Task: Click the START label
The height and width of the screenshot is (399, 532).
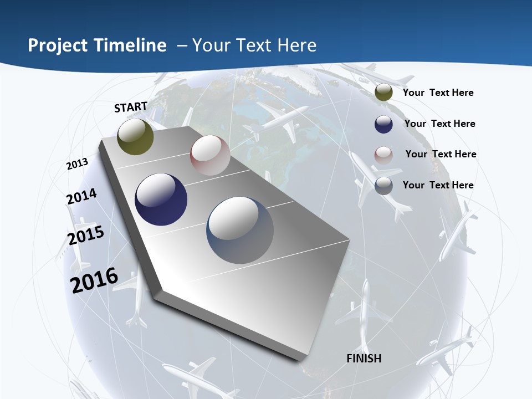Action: click(x=131, y=107)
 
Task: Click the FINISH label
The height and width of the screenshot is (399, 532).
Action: click(x=364, y=359)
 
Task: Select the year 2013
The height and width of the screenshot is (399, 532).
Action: click(x=77, y=164)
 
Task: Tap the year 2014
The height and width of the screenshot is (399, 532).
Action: click(x=81, y=197)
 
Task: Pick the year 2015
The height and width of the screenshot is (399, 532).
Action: click(x=85, y=236)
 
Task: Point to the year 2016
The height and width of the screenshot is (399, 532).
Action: click(x=94, y=280)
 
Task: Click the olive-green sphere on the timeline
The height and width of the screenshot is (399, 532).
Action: click(x=135, y=137)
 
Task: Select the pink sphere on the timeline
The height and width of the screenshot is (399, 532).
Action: click(x=210, y=155)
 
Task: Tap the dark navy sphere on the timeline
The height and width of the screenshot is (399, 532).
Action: click(x=161, y=199)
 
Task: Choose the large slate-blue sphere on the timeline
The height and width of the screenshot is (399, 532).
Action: click(x=240, y=229)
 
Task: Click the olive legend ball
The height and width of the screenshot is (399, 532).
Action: click(x=383, y=93)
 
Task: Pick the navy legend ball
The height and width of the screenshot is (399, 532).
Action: click(x=383, y=124)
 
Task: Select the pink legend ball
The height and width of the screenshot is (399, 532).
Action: click(x=383, y=155)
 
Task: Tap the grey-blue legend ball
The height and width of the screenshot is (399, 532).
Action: click(x=383, y=186)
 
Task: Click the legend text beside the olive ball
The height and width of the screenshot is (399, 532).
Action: click(x=438, y=93)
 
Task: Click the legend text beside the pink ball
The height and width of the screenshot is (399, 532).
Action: click(x=441, y=154)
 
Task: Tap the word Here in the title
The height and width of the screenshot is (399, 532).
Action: click(x=296, y=45)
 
